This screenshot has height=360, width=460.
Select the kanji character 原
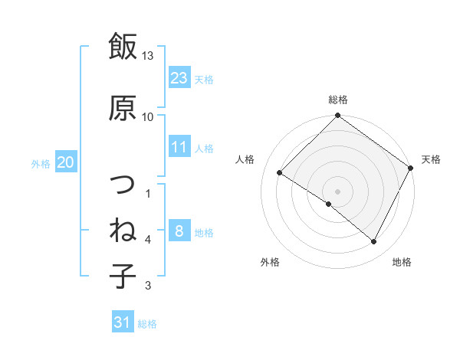click(123, 106)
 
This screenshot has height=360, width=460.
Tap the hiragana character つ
click(123, 185)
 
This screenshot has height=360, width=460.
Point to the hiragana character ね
click(123, 231)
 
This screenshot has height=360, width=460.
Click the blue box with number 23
click(179, 77)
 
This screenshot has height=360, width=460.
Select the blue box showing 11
click(179, 147)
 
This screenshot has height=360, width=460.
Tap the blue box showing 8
click(179, 231)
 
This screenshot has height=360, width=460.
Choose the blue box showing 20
click(66, 162)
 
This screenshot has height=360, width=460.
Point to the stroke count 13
click(148, 57)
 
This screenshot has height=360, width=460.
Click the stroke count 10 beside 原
click(148, 116)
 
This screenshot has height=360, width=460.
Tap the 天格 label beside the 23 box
click(204, 79)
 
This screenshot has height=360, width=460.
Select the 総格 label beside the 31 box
click(147, 324)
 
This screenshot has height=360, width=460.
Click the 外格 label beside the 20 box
click(41, 163)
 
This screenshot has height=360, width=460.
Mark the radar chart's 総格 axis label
click(337, 100)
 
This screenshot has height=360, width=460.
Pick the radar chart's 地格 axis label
click(402, 262)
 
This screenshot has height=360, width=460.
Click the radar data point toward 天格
click(411, 167)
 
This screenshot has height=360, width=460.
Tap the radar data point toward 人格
click(280, 172)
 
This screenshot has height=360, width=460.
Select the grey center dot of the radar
click(337, 191)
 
